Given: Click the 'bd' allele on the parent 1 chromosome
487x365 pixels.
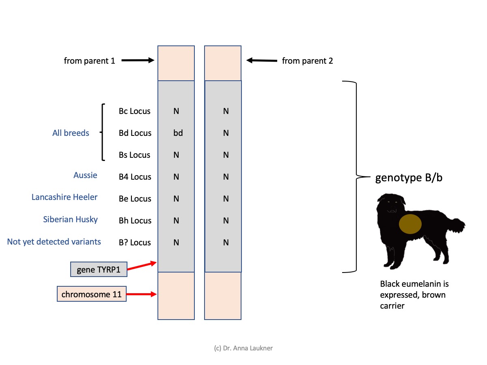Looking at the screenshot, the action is (x=178, y=133).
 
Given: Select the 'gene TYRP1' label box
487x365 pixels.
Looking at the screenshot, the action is (x=99, y=269).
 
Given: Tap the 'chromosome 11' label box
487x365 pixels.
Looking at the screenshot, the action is (x=92, y=294).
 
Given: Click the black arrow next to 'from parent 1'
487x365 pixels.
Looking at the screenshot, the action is (x=138, y=60).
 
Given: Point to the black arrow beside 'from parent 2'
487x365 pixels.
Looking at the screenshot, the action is (x=262, y=60).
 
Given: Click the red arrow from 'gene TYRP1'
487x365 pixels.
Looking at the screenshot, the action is (x=142, y=266).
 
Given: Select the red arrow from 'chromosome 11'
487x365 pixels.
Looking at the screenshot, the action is (x=142, y=294).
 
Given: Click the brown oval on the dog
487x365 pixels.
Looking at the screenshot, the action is (x=410, y=224).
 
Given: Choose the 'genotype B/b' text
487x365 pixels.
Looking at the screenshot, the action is (x=409, y=178).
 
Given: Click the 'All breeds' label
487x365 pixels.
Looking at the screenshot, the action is (x=71, y=133).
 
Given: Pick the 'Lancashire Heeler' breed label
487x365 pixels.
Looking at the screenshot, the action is (x=65, y=197).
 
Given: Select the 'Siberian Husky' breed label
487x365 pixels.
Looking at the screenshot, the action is (x=70, y=219).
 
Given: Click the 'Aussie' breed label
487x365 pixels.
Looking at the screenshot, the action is (x=85, y=175).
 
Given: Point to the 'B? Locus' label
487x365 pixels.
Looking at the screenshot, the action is (x=135, y=243).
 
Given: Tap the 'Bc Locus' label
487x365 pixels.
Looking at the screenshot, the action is (x=134, y=111).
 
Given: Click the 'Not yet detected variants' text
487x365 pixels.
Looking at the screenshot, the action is (x=54, y=242).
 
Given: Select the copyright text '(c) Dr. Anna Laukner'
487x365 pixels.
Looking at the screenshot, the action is (x=243, y=348).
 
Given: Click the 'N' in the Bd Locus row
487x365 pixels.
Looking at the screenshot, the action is (x=226, y=133).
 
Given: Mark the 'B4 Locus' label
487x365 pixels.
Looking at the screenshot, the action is (x=135, y=177).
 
